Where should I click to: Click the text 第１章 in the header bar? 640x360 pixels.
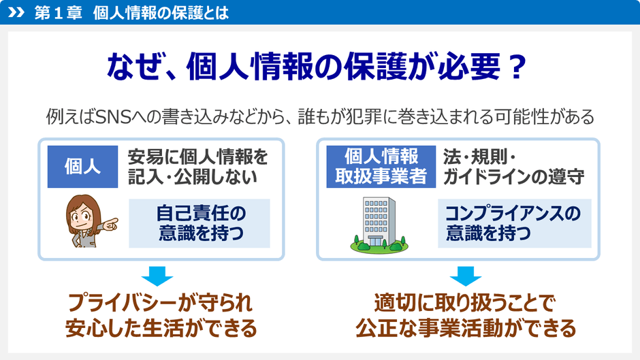pos(57,12)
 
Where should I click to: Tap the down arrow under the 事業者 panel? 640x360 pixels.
pos(466,276)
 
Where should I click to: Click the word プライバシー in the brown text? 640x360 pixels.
pos(120,301)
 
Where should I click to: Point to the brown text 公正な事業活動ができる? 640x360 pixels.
pos(466,329)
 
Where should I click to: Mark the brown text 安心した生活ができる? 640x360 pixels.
pos(161,329)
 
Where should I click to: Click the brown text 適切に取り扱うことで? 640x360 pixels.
pos(466,301)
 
